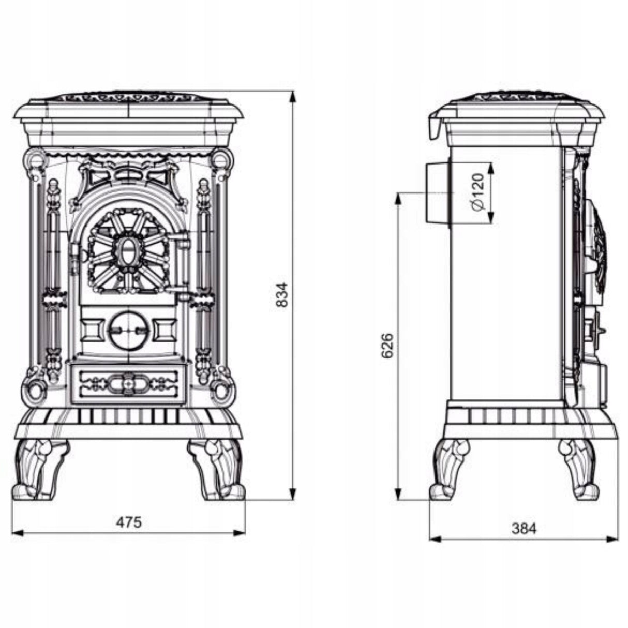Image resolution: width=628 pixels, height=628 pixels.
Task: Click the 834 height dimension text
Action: (x=282, y=295)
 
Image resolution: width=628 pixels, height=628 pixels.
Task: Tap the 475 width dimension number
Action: (x=129, y=522)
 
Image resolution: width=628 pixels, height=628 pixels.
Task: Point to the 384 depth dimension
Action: (x=524, y=529)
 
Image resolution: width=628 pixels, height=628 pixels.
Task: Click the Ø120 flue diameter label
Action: (x=478, y=192)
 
